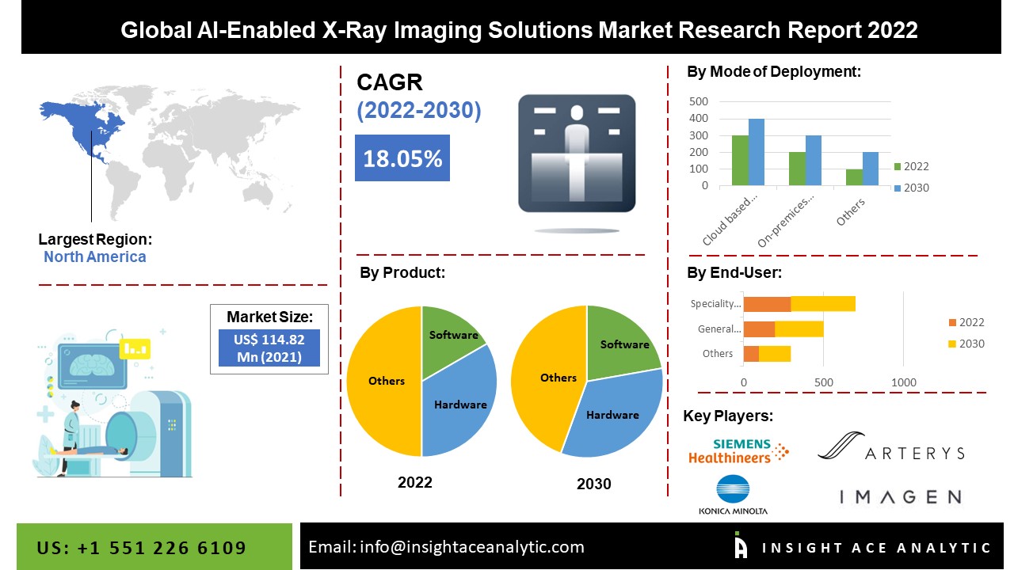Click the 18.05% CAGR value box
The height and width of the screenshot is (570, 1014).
pos(402,158)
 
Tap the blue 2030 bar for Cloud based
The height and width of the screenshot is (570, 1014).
pos(757,152)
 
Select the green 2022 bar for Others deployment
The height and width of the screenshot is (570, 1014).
pos(854,177)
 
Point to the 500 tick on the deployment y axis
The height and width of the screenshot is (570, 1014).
pos(699,101)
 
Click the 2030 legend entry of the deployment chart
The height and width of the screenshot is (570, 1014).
pos(912,188)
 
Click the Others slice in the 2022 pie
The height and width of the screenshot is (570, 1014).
pos(385,381)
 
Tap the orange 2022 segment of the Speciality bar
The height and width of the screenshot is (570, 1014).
pos(768,304)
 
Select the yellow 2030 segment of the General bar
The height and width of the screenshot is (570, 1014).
pos(799,329)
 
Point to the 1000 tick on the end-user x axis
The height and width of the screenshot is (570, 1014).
pos(904,382)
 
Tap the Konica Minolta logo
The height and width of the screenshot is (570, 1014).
pos(733,495)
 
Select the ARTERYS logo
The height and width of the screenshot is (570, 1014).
pos(891,446)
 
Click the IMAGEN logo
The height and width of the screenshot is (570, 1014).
pos(901,497)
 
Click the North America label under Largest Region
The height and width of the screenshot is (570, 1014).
pos(94,257)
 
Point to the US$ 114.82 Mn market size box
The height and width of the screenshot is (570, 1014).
pos(269,348)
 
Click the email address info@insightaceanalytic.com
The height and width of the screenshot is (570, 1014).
pos(471,547)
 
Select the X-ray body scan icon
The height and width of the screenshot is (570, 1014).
pos(577,153)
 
